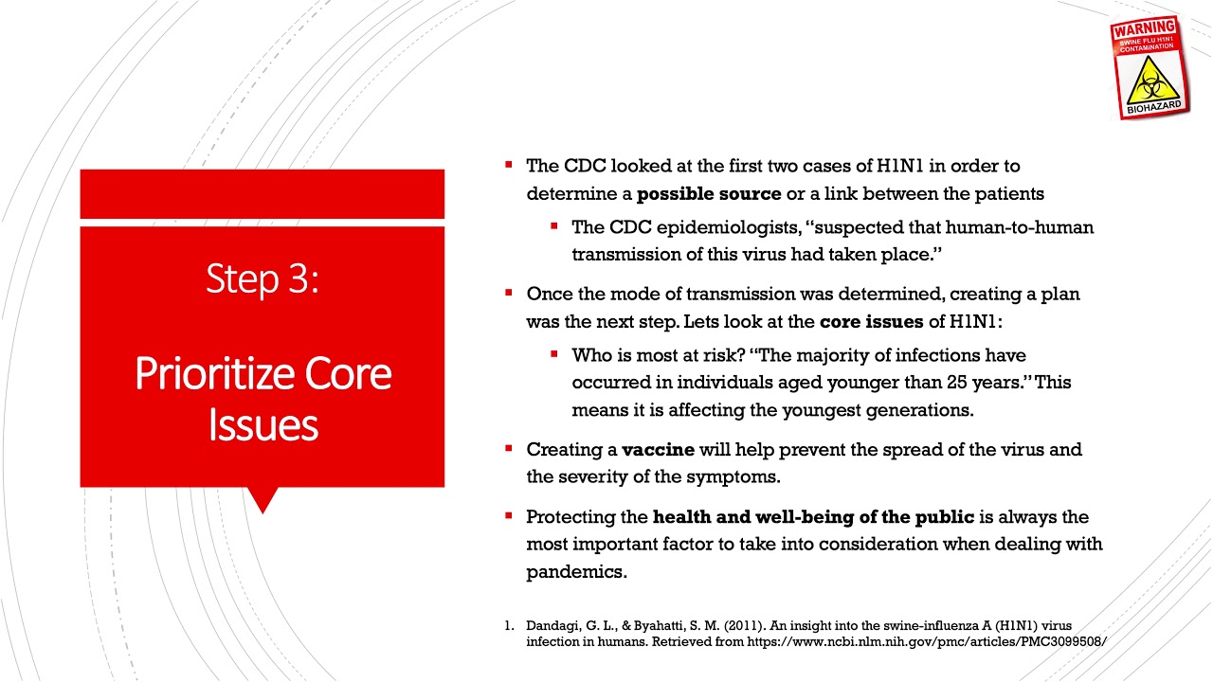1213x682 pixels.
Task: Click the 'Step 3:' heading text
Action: [263, 278]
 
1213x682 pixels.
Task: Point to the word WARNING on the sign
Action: [1144, 27]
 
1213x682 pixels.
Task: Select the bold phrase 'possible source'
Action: [709, 194]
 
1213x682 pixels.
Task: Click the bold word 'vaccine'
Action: [658, 449]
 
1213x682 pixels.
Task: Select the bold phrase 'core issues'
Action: [871, 321]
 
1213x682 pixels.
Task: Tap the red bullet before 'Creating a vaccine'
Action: [509, 448]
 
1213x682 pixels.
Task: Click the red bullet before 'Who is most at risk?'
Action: [554, 354]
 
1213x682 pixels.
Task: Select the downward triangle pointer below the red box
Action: [263, 499]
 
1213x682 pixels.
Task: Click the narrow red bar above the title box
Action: [263, 193]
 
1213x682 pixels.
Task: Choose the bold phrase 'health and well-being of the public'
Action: [813, 517]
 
